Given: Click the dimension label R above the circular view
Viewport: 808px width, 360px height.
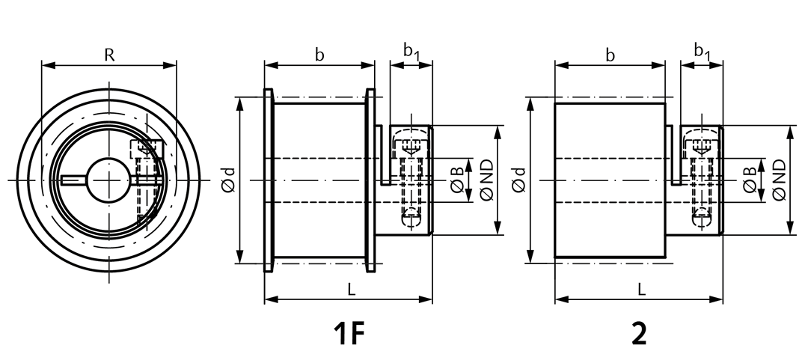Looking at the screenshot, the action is pos(109,55).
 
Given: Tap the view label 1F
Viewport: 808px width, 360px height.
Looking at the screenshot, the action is pos(350,333).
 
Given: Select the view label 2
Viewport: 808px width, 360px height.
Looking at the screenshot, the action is pos(639,333).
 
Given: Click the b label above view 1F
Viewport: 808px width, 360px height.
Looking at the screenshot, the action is pos(319,55).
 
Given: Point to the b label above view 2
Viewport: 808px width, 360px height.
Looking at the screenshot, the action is pos(610,55).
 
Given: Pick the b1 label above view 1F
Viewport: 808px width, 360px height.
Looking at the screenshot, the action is pos(411,52).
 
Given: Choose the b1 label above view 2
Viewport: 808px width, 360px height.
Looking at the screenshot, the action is pos(702,52).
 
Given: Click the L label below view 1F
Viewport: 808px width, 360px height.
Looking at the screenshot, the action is pos(352,290).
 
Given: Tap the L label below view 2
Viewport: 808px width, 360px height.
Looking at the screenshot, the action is pos(642,290).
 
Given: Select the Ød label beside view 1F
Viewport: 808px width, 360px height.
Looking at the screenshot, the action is pos(230,180).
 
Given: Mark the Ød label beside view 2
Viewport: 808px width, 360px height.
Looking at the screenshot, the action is pos(519,180).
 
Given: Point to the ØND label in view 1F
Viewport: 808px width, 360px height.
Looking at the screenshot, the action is pos(487,180).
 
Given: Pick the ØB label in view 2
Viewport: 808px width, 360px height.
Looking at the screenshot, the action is pos(750,180).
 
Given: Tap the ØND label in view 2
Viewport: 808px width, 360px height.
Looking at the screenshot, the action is pos(779,180).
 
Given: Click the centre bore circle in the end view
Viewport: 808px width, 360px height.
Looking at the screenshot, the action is pos(108,158).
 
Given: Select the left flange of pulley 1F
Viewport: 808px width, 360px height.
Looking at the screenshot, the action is pos(269,180).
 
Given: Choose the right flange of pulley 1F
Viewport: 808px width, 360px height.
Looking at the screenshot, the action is pos(370,180).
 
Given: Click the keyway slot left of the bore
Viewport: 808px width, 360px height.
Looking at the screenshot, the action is pos(74,180).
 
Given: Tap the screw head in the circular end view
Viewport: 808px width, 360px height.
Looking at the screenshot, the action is pos(147,149).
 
